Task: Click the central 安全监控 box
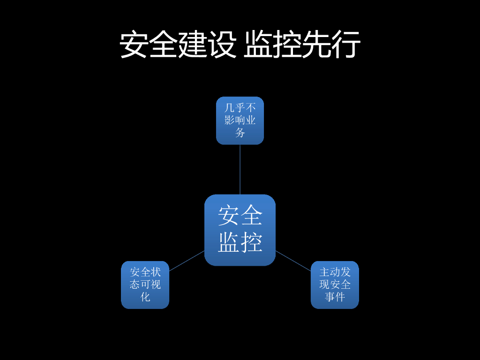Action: coord(240,230)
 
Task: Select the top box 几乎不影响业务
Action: coord(240,120)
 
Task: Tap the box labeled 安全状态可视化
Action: coord(145,285)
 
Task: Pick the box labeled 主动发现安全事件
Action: coord(335,285)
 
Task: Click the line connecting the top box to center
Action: coord(240,169)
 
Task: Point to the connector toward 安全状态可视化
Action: coord(187,261)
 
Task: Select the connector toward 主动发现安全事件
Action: coord(293,261)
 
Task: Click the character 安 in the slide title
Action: coord(134,45)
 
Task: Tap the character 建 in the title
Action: coord(193,45)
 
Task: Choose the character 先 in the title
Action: coord(316,45)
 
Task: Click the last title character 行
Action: coord(346,45)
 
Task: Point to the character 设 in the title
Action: coord(222,45)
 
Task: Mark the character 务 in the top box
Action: coord(240,133)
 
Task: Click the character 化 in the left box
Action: coord(145,297)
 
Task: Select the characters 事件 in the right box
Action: coord(335,297)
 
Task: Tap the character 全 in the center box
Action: coord(252,217)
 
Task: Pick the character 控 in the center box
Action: coord(252,243)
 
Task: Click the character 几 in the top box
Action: coord(230,108)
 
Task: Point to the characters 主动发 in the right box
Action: coord(335,272)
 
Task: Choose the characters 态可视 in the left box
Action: coord(145,285)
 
